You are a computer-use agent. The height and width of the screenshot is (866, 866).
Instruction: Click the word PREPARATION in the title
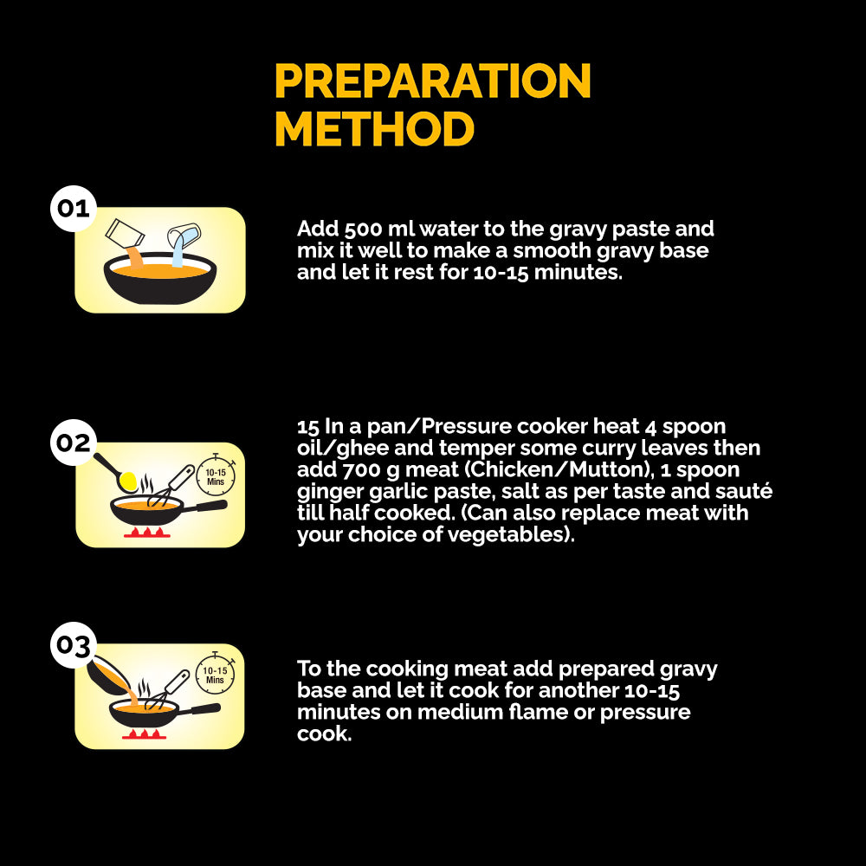433,81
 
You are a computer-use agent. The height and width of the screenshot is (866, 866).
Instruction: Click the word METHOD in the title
374,129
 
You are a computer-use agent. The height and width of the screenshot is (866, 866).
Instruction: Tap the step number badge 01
74,208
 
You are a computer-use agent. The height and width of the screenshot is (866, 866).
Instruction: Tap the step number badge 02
74,443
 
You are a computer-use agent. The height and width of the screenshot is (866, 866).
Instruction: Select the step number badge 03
74,645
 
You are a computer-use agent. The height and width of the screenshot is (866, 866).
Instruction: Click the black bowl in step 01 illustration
160,279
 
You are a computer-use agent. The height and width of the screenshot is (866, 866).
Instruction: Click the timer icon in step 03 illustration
216,674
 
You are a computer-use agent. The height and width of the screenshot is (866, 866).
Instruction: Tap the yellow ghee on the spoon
128,481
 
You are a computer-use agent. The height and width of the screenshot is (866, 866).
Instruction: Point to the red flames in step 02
147,533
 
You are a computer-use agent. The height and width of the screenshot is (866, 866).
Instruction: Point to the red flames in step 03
144,734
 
